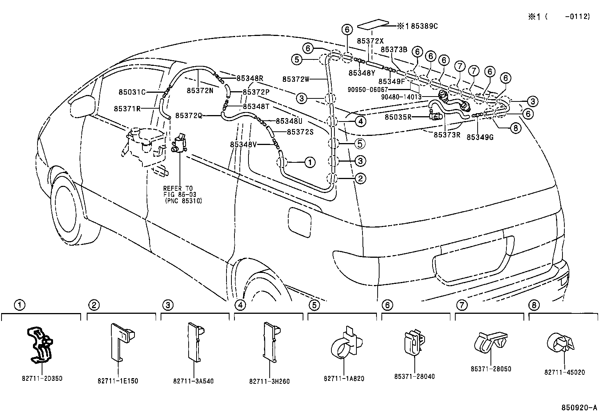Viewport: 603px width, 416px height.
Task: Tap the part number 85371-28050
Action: click(x=491, y=369)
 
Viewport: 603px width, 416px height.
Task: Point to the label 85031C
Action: click(x=132, y=92)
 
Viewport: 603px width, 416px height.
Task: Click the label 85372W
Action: click(x=296, y=79)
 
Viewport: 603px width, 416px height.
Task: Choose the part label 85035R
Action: click(x=398, y=117)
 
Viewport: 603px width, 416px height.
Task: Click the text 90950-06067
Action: click(x=367, y=90)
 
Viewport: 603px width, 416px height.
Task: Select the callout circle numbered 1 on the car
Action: click(x=310, y=163)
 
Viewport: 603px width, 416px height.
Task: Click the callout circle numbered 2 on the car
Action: click(x=360, y=178)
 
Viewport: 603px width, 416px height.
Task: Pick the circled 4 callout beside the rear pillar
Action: click(x=361, y=121)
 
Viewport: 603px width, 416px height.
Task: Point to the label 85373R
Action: click(x=447, y=134)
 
